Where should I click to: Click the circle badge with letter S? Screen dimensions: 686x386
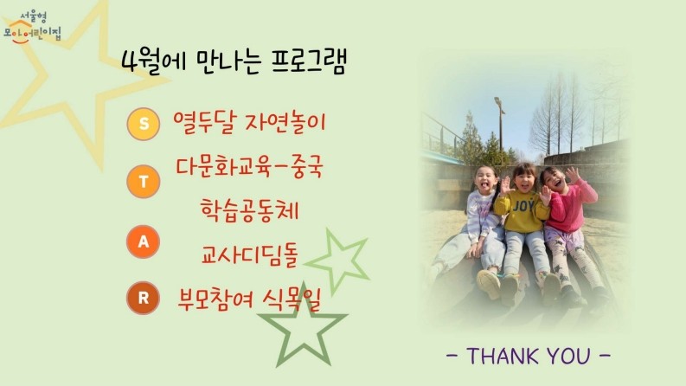(x=143, y=124)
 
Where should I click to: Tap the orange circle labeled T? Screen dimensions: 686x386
(x=143, y=181)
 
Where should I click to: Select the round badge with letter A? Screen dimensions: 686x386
(x=143, y=241)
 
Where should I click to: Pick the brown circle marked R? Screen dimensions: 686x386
(x=143, y=298)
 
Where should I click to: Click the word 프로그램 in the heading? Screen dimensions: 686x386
(x=309, y=61)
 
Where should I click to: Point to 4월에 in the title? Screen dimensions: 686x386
(x=154, y=62)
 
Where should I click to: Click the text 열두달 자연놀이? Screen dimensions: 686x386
(x=249, y=122)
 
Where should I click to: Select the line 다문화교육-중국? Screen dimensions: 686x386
(x=249, y=167)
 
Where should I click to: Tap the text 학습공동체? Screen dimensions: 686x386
(x=249, y=210)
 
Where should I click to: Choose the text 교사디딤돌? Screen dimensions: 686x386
(x=249, y=254)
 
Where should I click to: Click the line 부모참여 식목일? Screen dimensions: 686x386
(x=249, y=299)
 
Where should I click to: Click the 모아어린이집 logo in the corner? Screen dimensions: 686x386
(x=32, y=28)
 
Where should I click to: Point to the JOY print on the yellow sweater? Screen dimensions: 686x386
(x=523, y=206)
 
